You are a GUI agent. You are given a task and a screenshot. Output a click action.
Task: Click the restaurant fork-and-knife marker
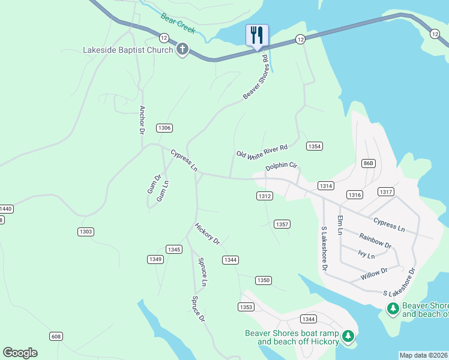[257, 35]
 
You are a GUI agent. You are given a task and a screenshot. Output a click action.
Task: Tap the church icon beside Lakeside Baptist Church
[182, 49]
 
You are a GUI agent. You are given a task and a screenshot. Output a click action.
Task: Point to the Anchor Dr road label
[142, 119]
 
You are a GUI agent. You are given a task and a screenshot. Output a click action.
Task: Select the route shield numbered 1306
[164, 128]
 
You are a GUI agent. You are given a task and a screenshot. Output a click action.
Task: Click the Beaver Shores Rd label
[255, 78]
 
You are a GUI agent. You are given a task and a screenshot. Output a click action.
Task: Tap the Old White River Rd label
[262, 151]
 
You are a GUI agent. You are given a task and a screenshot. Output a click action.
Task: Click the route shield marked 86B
[369, 163]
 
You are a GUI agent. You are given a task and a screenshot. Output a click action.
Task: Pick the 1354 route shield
[314, 146]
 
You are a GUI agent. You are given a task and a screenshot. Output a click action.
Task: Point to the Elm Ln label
[340, 224]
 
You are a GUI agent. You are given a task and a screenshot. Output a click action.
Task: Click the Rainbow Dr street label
[375, 241]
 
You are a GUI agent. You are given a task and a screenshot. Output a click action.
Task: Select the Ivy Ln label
[366, 254]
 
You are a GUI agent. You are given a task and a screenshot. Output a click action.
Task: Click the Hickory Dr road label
[207, 233]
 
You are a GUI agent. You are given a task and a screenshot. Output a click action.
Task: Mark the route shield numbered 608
[56, 336]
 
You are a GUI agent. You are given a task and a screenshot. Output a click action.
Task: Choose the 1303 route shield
[86, 232]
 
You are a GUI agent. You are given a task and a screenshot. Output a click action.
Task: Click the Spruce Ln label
[203, 271]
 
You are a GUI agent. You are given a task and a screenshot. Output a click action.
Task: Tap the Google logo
[20, 353]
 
